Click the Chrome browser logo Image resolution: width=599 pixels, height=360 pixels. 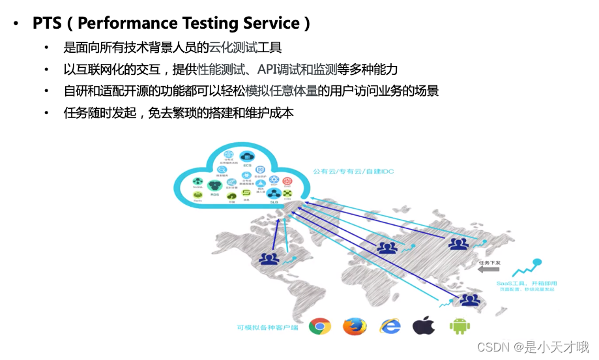(x=319, y=326)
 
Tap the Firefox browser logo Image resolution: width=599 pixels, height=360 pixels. (x=355, y=326)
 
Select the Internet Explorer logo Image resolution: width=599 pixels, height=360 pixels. (x=390, y=326)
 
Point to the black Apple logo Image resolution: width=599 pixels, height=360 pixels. (x=424, y=325)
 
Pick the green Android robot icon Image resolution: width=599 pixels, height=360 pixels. (x=459, y=325)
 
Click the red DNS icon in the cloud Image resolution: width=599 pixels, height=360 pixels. (x=287, y=180)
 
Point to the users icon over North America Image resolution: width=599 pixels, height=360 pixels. (x=269, y=259)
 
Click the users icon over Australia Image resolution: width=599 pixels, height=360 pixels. (x=469, y=299)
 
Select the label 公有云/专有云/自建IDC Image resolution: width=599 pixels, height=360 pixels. (x=353, y=172)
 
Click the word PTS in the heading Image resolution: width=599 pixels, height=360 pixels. (x=47, y=23)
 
